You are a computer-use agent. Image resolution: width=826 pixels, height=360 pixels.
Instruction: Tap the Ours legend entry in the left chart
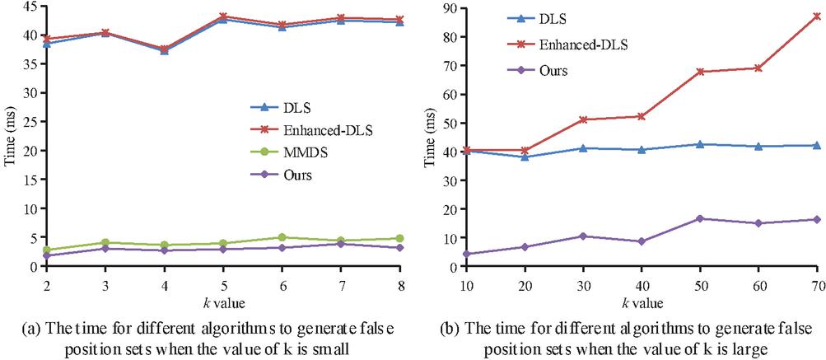point(304,175)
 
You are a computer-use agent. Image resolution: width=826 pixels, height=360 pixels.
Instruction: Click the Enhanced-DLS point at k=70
point(816,16)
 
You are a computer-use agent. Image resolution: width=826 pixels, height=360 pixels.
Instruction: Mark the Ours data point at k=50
point(699,218)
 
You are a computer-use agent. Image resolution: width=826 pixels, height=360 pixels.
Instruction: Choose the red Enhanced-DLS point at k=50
point(699,72)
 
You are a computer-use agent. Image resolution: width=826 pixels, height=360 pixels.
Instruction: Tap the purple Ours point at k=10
point(466,254)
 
